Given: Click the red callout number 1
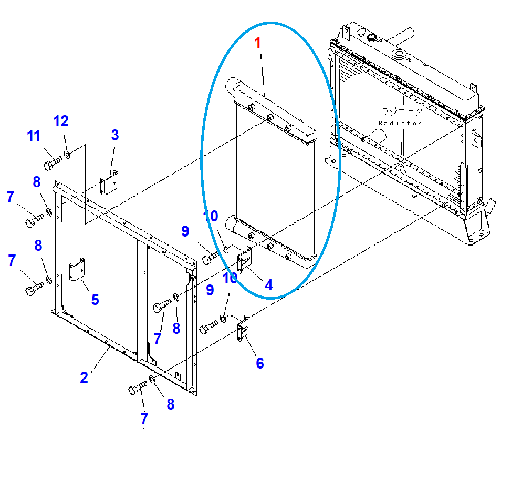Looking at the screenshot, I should [258, 43].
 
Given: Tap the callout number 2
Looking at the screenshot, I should [84, 377].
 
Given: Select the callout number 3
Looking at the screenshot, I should [114, 135].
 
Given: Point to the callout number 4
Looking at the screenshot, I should [268, 285].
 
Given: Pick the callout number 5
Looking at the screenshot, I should [95, 299].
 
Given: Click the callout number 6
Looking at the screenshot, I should [259, 363].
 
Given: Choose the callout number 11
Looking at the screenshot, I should [34, 136].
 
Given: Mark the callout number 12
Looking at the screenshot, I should [61, 121].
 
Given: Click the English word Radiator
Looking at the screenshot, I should [400, 123].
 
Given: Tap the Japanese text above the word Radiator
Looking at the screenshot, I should [401, 111].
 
